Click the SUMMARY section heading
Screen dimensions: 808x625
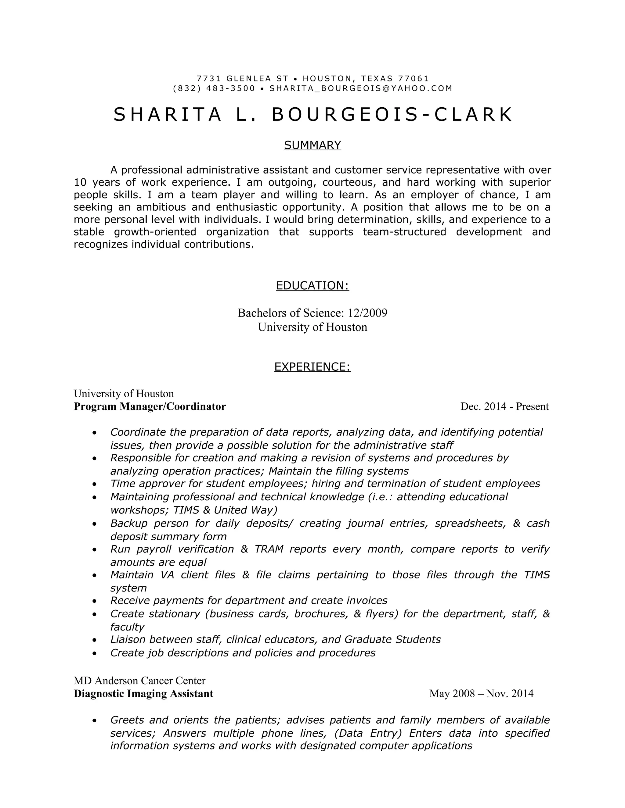(312, 145)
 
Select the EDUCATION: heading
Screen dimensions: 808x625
(312, 286)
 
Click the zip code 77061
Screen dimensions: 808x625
(413, 78)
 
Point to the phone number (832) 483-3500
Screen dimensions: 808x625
(214, 88)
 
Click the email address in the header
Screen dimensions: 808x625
(361, 88)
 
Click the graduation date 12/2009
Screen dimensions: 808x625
(367, 313)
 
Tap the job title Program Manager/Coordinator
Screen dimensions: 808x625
(150, 406)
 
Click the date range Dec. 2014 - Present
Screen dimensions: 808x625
(504, 406)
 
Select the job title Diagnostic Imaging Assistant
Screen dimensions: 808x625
(143, 694)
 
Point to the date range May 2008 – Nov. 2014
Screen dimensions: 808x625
(481, 694)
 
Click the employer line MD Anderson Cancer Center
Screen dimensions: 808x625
(139, 681)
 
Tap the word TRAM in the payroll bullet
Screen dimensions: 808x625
(269, 549)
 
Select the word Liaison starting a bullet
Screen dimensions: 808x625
(128, 640)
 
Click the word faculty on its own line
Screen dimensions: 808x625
(127, 627)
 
